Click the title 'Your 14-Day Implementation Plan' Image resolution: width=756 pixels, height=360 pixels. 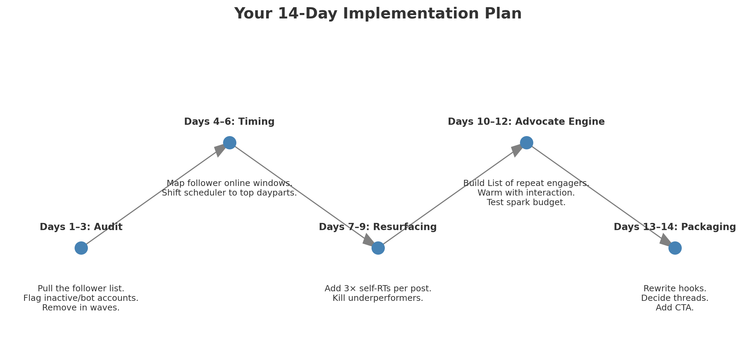click(x=378, y=14)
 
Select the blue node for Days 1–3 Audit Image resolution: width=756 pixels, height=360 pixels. click(x=81, y=248)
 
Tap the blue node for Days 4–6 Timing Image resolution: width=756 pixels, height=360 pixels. click(x=230, y=143)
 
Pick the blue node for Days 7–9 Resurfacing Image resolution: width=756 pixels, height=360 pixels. click(x=378, y=248)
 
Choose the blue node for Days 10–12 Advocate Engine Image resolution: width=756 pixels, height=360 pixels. click(x=526, y=143)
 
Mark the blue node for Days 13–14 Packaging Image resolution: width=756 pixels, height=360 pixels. click(x=675, y=248)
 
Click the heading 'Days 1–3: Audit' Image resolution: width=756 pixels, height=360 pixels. click(x=81, y=227)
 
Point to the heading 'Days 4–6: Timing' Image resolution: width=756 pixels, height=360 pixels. click(x=229, y=122)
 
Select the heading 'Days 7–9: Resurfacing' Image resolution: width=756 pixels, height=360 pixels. click(x=378, y=227)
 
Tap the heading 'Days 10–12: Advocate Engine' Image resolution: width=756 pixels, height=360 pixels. click(x=526, y=122)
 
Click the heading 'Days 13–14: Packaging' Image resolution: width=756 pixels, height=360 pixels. click(x=675, y=227)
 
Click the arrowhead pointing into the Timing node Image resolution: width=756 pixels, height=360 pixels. click(x=220, y=150)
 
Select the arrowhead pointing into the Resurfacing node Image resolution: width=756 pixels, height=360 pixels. click(x=368, y=241)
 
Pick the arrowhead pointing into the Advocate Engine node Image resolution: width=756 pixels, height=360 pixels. click(x=517, y=150)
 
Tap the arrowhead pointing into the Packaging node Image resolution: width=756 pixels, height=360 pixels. click(x=665, y=241)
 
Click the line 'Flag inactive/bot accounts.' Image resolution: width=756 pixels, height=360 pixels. click(x=81, y=298)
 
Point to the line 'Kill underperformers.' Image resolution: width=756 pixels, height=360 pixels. click(x=378, y=298)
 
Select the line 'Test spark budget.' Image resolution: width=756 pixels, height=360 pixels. click(x=526, y=202)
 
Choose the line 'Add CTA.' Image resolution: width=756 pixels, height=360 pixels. click(x=675, y=308)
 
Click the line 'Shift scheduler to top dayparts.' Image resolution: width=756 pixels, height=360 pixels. click(x=229, y=193)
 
